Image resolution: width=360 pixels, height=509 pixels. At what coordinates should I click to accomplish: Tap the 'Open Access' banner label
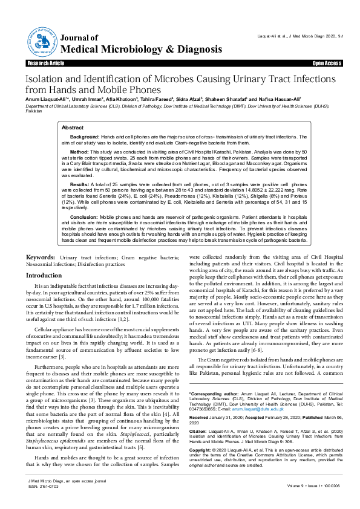pyautogui.click(x=326, y=63)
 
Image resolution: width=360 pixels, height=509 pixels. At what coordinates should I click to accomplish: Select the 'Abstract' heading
pyautogui.click(x=73, y=128)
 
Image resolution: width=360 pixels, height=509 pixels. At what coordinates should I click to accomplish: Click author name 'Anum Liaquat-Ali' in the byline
pyautogui.click(x=45, y=99)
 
